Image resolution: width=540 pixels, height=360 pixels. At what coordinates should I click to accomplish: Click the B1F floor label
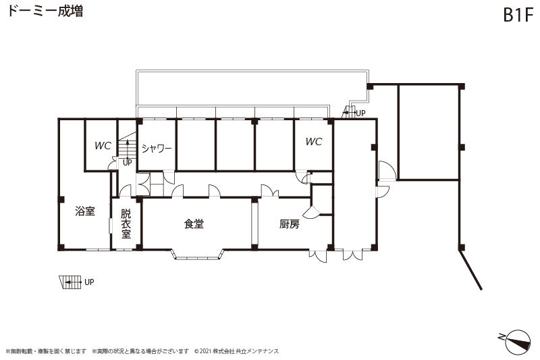click(518, 15)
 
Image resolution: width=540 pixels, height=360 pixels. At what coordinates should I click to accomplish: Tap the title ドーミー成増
click(45, 11)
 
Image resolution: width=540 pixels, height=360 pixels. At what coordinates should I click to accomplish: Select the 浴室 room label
click(85, 211)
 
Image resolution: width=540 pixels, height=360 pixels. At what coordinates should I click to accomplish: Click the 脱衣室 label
click(126, 224)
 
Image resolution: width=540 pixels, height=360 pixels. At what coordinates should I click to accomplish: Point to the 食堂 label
click(194, 224)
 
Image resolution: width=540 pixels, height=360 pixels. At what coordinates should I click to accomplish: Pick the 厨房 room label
click(290, 224)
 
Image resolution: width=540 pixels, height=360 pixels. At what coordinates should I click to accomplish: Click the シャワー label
click(157, 149)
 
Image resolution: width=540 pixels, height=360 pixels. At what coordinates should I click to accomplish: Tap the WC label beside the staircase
click(103, 146)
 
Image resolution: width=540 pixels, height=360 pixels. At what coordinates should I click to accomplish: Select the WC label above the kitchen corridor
click(314, 142)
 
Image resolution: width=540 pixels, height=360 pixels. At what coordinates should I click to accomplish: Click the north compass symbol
click(516, 341)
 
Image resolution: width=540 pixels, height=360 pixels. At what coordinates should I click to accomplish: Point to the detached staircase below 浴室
click(70, 282)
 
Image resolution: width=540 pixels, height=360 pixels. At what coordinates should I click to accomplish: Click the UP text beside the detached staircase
click(89, 282)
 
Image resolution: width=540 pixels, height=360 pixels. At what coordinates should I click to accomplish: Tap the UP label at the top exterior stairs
click(360, 113)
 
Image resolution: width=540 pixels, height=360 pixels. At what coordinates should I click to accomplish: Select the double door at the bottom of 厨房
click(318, 256)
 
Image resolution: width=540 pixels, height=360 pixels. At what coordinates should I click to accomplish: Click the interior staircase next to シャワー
click(128, 145)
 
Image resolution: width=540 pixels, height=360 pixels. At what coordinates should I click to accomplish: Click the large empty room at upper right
click(429, 132)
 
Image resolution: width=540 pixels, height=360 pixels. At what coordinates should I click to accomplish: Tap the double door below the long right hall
click(352, 255)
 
